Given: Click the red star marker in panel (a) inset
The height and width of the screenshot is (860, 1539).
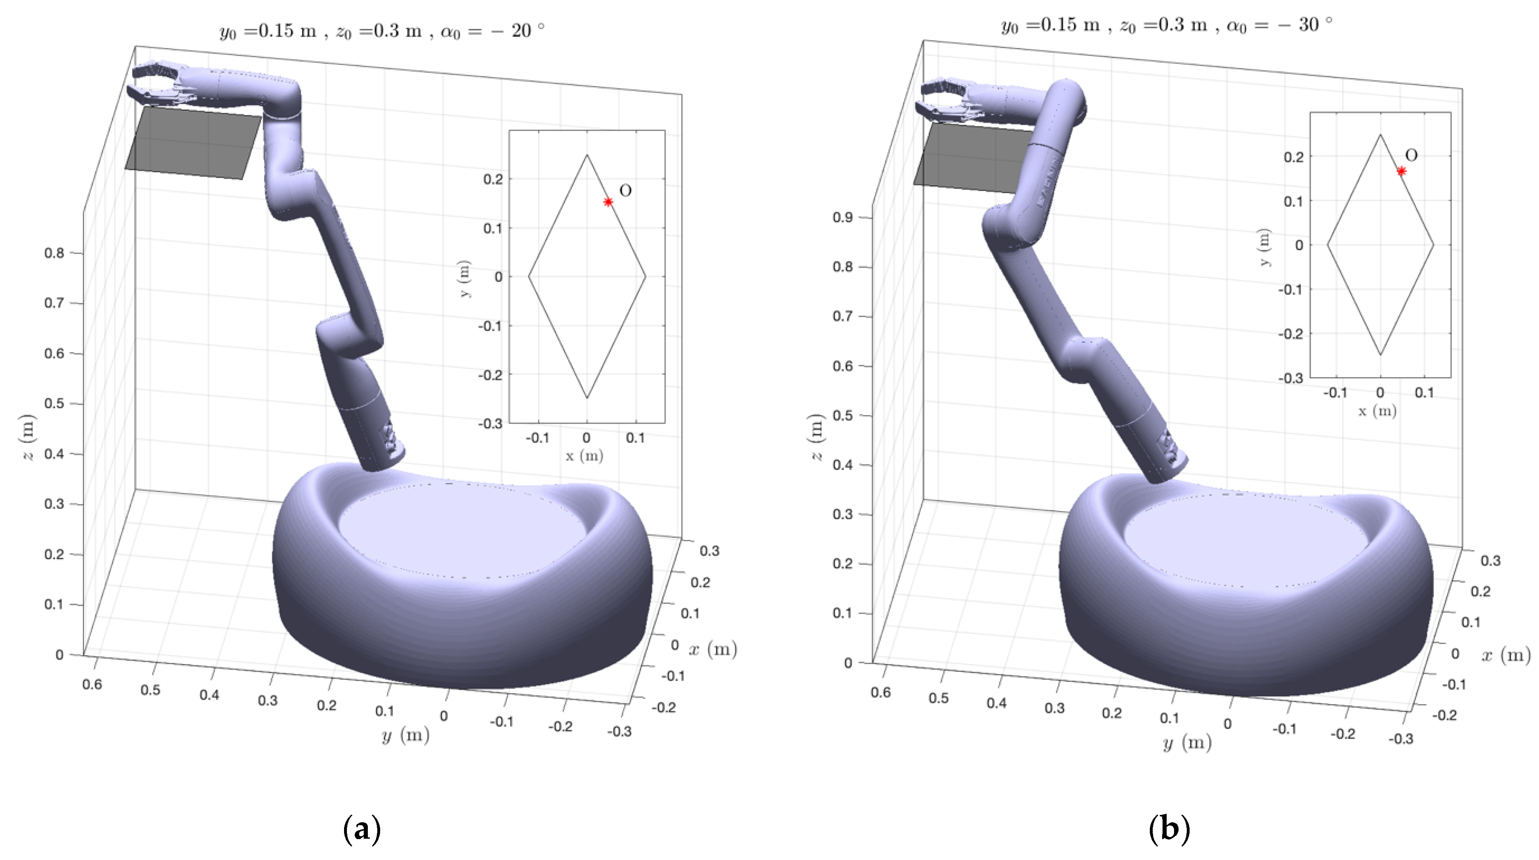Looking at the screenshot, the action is coord(608,202).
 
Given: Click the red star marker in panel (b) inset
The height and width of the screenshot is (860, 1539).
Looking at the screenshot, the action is coord(1401,171).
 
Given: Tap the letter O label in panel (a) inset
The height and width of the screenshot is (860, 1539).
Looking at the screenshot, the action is coord(625,191).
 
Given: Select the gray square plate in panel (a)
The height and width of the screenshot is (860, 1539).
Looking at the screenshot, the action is coord(193,143).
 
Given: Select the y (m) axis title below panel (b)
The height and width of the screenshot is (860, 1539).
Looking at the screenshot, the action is coord(1187,743).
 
